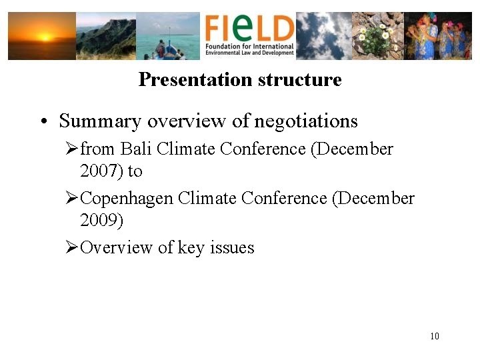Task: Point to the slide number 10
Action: click(435, 336)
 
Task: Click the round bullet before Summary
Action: click(43, 122)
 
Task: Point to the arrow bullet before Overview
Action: click(72, 248)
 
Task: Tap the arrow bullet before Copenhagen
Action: click(72, 199)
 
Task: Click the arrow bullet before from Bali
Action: click(72, 149)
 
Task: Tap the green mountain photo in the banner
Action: click(106, 36)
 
